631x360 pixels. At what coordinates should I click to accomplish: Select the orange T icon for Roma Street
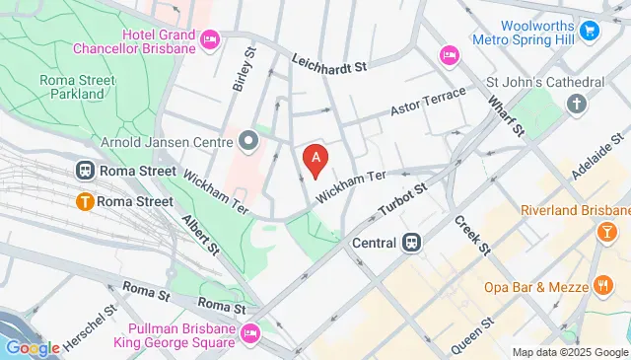point(85,201)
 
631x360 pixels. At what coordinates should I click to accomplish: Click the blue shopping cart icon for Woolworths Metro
point(590,31)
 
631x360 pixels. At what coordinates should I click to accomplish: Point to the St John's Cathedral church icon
point(578,103)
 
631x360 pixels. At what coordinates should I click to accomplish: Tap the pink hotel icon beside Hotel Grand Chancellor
point(209,38)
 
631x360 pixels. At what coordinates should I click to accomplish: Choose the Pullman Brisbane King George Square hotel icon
point(248,333)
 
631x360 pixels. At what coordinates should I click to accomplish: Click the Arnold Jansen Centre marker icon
point(248,139)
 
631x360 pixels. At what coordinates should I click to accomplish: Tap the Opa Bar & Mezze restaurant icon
point(603,286)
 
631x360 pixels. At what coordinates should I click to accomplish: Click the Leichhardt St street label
point(329,63)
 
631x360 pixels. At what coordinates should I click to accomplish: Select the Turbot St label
point(403,200)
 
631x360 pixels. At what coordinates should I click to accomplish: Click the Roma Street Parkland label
point(71,87)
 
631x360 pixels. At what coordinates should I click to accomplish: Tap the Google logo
point(32,347)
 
